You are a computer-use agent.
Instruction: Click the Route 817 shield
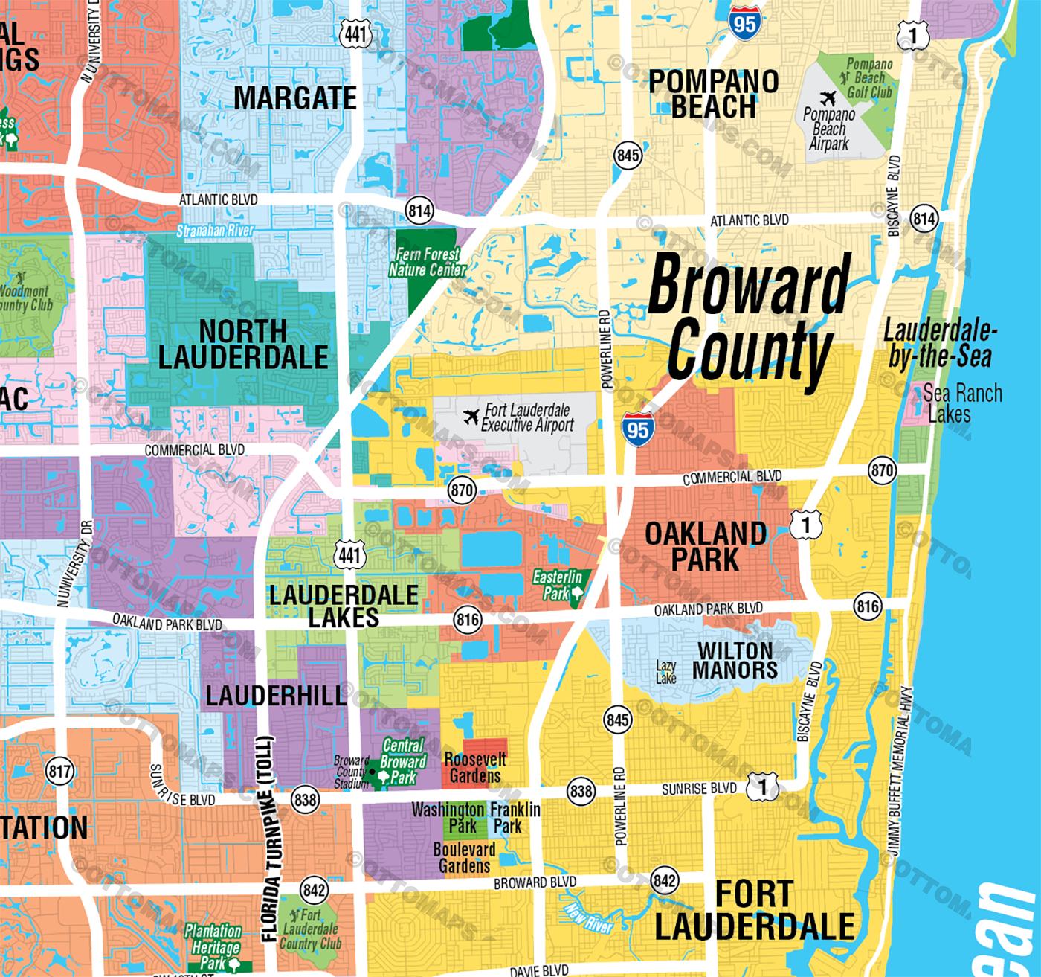click(59, 771)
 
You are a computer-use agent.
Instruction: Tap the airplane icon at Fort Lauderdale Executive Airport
click(471, 417)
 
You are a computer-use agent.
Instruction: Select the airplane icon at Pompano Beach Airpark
click(828, 98)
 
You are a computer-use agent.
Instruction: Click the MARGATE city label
click(295, 98)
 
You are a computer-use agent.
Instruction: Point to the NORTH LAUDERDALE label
click(243, 345)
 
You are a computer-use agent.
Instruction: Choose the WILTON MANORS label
click(735, 660)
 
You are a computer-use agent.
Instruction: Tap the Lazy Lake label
click(666, 672)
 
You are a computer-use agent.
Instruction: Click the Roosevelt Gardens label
click(475, 768)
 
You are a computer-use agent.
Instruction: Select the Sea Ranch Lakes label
click(962, 403)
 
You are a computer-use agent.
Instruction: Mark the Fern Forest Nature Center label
click(428, 262)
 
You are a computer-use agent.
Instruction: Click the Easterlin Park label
click(558, 585)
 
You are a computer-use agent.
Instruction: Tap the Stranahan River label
click(216, 231)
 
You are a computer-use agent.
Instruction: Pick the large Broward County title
click(750, 316)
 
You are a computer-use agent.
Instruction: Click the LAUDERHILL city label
click(276, 696)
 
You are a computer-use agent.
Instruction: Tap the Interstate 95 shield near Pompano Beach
click(744, 24)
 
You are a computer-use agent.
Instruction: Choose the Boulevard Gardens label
click(465, 857)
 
